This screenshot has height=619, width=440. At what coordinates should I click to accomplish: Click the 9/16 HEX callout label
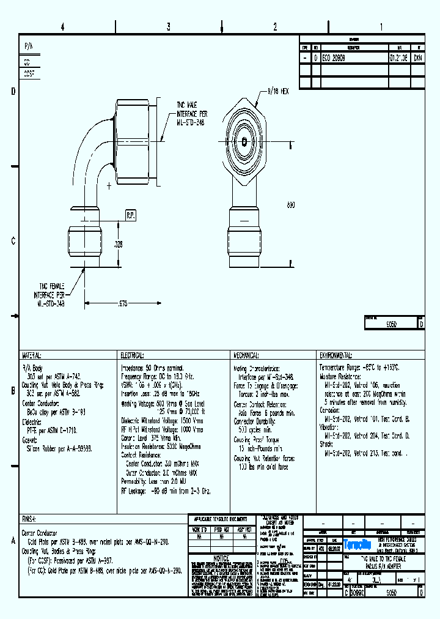[x=276, y=91]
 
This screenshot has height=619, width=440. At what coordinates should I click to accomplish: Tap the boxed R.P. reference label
[x=131, y=215]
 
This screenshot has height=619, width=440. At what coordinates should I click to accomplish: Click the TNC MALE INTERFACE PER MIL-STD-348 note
[x=192, y=114]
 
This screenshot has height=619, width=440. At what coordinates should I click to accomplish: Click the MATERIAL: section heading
[x=32, y=355]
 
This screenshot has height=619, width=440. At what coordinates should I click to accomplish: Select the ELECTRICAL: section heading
[x=131, y=355]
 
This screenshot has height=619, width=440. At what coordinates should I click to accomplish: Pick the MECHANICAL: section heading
[x=246, y=355]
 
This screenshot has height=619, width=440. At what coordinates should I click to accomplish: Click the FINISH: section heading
[x=29, y=518]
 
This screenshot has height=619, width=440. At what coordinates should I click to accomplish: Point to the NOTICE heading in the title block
[x=221, y=558]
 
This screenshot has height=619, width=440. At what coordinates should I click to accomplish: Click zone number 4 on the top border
[x=62, y=27]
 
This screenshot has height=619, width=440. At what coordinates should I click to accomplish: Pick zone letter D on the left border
[x=13, y=92]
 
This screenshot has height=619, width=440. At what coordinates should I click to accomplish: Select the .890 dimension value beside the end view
[x=291, y=205]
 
